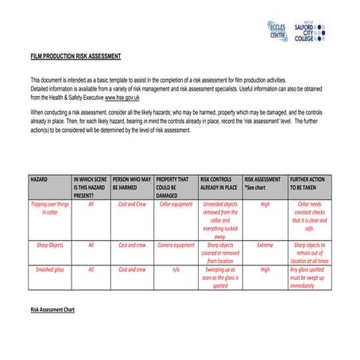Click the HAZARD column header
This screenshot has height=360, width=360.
pyautogui.click(x=39, y=180)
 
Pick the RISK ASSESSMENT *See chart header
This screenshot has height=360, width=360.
pyautogui.click(x=263, y=184)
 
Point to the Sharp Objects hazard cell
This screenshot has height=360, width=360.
pyautogui.click(x=49, y=246)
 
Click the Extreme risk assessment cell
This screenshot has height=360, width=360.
pyautogui.click(x=265, y=246)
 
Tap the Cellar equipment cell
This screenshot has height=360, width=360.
pyautogui.click(x=176, y=203)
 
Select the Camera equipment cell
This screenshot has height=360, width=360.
pyautogui.click(x=176, y=246)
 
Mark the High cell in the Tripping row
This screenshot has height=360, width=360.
pyautogui.click(x=265, y=203)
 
